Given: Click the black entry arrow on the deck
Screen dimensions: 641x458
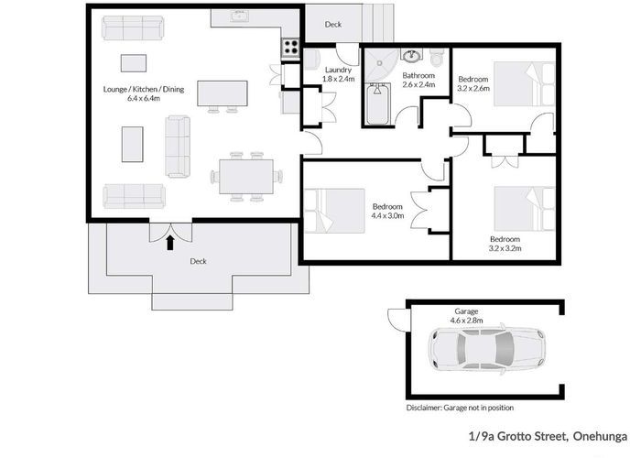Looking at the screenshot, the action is (170, 242).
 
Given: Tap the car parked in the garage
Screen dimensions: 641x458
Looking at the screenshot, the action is (487, 349).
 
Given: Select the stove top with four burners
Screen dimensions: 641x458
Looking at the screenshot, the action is (290, 47).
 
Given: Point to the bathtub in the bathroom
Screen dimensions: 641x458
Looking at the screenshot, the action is (377, 104).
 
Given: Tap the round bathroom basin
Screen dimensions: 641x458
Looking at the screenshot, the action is (411, 55).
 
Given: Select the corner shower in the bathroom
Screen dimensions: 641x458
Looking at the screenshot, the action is (380, 65).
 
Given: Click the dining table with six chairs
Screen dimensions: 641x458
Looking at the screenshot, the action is (246, 177).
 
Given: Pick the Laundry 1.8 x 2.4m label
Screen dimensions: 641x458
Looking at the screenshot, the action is (338, 74).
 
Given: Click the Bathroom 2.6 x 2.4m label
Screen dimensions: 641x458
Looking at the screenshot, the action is (418, 81).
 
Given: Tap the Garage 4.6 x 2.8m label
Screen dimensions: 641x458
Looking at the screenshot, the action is (466, 316).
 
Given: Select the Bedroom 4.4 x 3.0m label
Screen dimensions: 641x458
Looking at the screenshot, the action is (387, 211).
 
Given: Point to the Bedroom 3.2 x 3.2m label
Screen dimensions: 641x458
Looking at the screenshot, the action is (505, 244).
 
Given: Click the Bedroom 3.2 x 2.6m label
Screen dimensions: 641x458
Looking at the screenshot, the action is (473, 83).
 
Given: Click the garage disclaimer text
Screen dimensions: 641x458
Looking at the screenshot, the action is (460, 408).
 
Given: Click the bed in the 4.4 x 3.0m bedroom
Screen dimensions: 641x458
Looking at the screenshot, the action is (334, 211).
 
